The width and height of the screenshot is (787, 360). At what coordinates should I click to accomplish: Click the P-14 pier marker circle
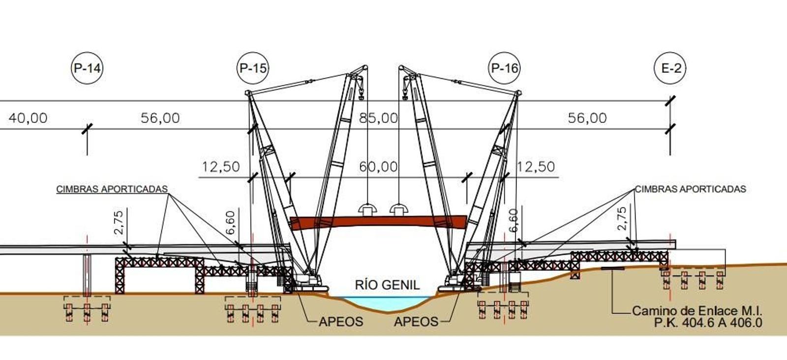tap(87, 68)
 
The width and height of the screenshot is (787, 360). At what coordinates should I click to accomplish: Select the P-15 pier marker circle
tap(253, 68)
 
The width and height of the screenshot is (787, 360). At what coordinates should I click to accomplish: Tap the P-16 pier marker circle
tap(505, 68)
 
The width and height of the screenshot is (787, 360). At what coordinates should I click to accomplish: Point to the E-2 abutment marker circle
tap(671, 68)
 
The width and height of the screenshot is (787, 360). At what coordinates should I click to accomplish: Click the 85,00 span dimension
tap(378, 118)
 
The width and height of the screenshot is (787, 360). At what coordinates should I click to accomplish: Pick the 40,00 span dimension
tap(28, 118)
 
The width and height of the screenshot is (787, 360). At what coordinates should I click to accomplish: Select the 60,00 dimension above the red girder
tap(378, 167)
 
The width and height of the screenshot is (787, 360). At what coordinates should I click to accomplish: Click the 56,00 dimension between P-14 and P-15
tap(160, 118)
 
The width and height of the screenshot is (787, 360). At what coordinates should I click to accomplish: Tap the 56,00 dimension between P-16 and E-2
tap(587, 118)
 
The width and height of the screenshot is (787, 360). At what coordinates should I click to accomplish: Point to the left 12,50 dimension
tap(221, 167)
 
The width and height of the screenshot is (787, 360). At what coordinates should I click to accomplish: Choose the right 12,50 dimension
tap(535, 167)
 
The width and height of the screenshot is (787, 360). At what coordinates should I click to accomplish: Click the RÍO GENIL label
tap(387, 285)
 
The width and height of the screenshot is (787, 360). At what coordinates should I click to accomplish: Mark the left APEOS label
tap(341, 322)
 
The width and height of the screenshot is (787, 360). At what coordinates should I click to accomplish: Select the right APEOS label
tap(416, 322)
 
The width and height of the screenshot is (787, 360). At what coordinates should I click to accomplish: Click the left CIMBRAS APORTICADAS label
tap(112, 189)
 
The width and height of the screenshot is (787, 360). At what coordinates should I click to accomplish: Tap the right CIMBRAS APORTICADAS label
tap(691, 189)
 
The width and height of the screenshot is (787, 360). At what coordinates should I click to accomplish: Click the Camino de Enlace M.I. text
tap(697, 311)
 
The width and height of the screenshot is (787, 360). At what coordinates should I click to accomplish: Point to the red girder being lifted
tap(378, 222)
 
